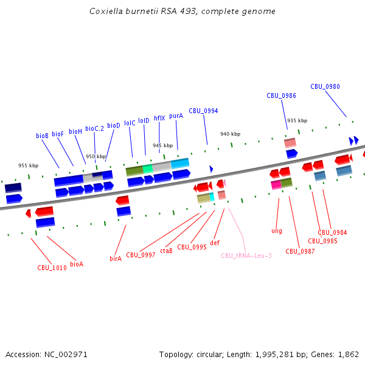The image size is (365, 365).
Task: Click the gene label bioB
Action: (x=42, y=136)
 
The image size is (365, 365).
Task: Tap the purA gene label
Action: (x=176, y=116)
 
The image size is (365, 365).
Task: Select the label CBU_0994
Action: (x=203, y=111)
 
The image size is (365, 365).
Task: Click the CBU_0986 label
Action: (x=281, y=96)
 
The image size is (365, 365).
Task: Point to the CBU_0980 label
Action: (x=325, y=86)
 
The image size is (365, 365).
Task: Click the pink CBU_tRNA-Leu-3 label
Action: (x=246, y=255)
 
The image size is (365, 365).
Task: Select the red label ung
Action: (x=277, y=231)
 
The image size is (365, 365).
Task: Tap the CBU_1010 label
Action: (x=52, y=268)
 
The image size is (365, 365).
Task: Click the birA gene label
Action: (x=116, y=259)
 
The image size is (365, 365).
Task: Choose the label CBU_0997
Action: (x=141, y=255)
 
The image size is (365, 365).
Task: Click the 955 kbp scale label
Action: (x=28, y=165)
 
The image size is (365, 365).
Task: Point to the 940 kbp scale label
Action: (x=230, y=134)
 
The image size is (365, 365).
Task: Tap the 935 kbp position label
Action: (x=297, y=120)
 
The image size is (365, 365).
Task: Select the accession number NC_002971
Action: (x=64, y=354)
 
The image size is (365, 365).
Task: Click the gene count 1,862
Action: (x=347, y=354)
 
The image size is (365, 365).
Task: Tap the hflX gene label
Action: (x=159, y=119)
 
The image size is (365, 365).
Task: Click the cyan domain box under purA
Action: (x=180, y=164)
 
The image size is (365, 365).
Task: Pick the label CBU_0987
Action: (x=300, y=251)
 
